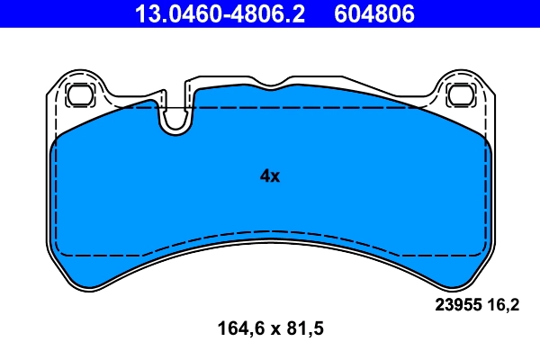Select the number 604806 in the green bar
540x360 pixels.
[376, 14]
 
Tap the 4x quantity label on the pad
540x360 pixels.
[270, 176]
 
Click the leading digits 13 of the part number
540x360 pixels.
[145, 14]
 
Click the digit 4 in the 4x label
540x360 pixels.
[265, 176]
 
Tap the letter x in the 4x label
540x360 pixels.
[275, 177]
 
